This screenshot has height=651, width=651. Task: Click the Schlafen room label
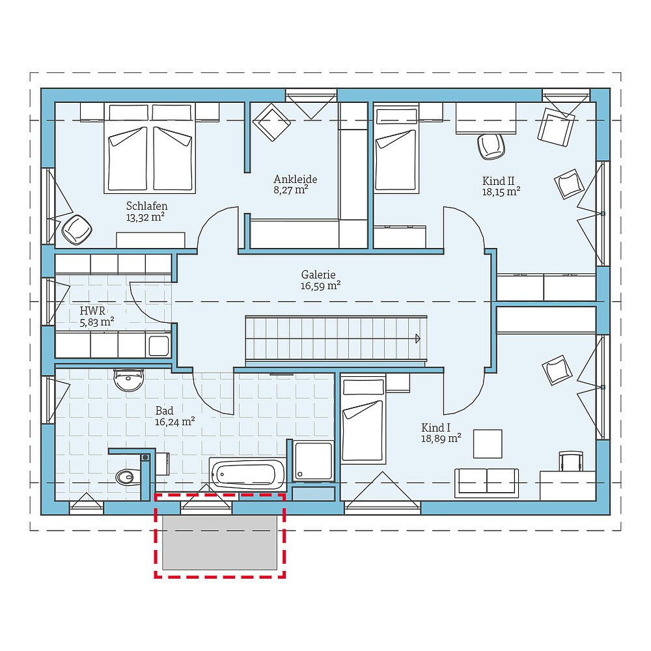click(146, 206)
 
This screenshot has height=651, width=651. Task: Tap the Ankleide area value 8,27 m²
click(290, 191)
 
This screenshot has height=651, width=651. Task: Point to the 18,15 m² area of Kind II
click(501, 192)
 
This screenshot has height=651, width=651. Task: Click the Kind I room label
click(436, 428)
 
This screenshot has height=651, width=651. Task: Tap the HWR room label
click(92, 311)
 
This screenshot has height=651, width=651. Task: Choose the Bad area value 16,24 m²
click(175, 422)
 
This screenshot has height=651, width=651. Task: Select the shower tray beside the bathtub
click(314, 462)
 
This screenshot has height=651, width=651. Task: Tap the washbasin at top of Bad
click(128, 380)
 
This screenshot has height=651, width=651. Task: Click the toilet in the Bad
click(126, 478)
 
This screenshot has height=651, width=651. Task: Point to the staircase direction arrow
click(417, 338)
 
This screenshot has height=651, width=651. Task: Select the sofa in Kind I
click(487, 482)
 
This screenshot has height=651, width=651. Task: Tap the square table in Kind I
click(487, 444)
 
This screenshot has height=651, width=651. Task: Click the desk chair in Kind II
click(491, 146)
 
